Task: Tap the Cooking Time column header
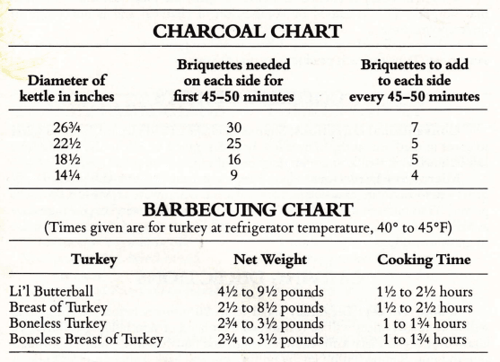(x=423, y=260)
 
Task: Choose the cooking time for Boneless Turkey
(x=423, y=322)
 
